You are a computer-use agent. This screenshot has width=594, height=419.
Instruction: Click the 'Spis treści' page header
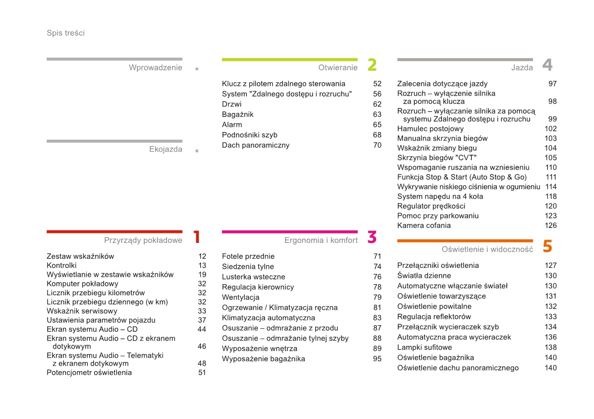click(65, 33)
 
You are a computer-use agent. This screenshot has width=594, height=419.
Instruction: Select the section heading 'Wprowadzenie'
click(156, 68)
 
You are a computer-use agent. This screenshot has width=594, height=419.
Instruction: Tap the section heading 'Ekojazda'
click(166, 149)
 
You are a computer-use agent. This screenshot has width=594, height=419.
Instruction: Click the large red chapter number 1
click(197, 237)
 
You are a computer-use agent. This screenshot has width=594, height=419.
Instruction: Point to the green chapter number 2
click(372, 65)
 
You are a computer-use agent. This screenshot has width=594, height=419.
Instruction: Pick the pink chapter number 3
click(372, 237)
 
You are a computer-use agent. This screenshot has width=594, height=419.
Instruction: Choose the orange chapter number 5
click(547, 246)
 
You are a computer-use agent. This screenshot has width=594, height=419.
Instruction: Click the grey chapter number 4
click(547, 65)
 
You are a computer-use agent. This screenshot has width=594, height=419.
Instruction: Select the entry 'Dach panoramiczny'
click(255, 145)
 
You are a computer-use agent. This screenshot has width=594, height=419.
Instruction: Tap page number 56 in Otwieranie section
click(377, 94)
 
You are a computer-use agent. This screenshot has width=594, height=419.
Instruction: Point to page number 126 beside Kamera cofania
click(551, 225)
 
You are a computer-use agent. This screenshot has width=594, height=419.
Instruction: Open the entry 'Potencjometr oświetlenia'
click(89, 373)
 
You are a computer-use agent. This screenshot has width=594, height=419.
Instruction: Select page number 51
click(201, 373)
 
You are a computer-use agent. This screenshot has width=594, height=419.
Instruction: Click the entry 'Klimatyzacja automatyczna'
click(268, 318)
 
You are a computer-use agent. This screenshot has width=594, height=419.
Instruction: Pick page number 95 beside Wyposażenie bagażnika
click(377, 359)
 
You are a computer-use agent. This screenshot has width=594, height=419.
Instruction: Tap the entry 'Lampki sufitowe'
click(424, 347)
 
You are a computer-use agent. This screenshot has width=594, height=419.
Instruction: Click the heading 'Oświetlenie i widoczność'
click(487, 249)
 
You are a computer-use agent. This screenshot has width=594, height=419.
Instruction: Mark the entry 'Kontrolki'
click(61, 265)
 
